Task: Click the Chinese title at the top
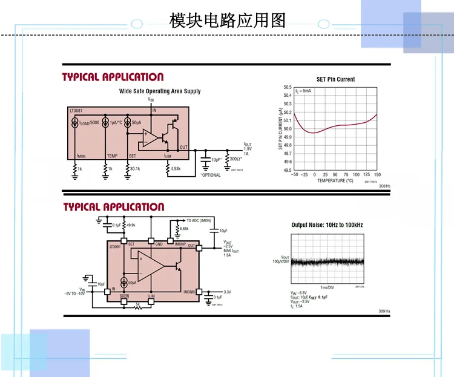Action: pos(226,21)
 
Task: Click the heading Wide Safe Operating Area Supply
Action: pos(160,91)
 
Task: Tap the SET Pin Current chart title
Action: pos(335,79)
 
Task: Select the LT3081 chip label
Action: pos(77,111)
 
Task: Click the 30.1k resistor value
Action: pos(134,169)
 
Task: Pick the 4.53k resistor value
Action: pos(176,169)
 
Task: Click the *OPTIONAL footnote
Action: pos(211,175)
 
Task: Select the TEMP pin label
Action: pos(112,156)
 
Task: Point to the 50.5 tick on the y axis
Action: pos(288,87)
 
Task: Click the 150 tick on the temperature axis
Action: pos(377,175)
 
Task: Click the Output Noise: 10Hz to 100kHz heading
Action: pos(327,225)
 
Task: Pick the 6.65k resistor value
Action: pos(184,229)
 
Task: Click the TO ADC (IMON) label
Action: pos(199,220)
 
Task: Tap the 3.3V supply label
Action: pos(228,292)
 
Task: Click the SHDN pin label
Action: pos(125,295)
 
